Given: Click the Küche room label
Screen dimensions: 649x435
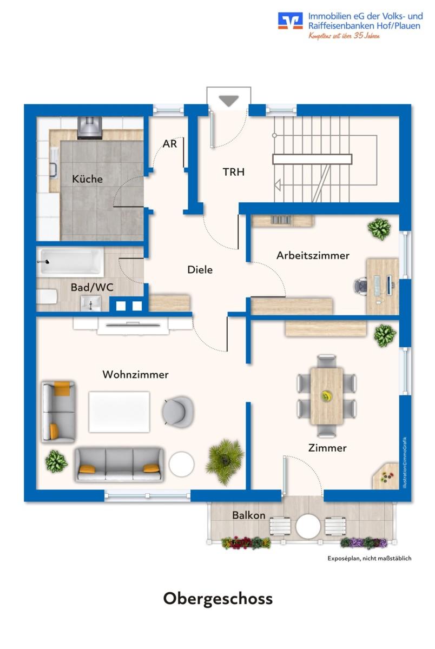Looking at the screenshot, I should tap(87, 179).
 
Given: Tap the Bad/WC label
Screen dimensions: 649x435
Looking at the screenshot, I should tap(92, 287).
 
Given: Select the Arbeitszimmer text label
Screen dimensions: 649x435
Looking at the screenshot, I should tap(313, 255).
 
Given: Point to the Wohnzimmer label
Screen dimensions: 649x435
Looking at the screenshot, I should tap(135, 374).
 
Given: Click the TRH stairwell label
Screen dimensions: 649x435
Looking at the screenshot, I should tap(234, 172).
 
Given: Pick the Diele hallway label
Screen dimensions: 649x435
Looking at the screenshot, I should tap(200, 269).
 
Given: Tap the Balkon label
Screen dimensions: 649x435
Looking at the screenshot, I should tap(249, 515).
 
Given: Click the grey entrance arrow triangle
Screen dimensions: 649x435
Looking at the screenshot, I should tap(229, 101).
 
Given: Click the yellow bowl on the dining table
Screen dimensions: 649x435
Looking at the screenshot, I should tap(326, 396).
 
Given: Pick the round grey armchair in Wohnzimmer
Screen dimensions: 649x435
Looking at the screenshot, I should tap(177, 409).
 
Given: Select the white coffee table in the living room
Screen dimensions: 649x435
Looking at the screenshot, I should tap(119, 411).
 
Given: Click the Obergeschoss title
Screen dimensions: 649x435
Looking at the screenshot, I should tap(217, 599).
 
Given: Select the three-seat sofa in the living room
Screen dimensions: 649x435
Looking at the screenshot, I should tap(119, 463).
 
